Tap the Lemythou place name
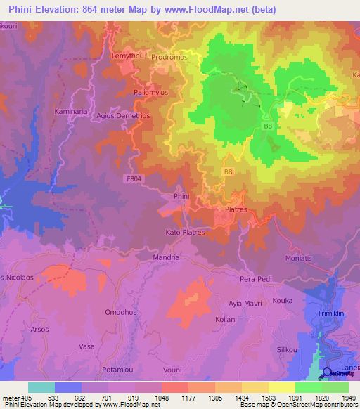[127, 55]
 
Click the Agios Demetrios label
[125, 115]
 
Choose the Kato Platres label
[184, 232]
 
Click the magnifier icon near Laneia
[328, 374]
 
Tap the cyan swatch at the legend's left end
[41, 387]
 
